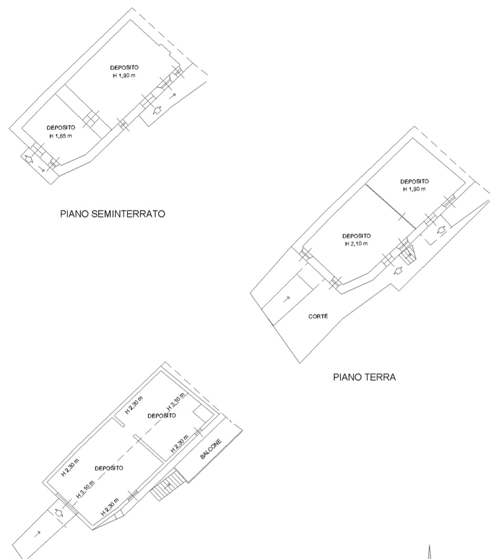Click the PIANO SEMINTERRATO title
(x=113, y=214)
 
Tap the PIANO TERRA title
(x=364, y=377)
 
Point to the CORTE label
(x=318, y=316)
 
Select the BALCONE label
(x=211, y=449)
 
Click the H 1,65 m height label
(x=60, y=136)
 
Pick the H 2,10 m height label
(x=356, y=244)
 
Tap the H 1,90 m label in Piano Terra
(x=414, y=189)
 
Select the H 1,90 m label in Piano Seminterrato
(x=124, y=76)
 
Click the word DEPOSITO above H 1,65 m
(x=61, y=128)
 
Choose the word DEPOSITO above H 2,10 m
(x=356, y=236)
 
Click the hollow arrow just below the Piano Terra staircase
(x=398, y=271)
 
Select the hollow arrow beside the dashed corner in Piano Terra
(x=442, y=230)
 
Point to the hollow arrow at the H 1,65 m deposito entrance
(x=28, y=159)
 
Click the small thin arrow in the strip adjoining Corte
(x=287, y=299)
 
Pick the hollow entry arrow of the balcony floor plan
(x=59, y=513)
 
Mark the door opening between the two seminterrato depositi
(x=91, y=119)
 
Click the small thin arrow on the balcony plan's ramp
(x=37, y=534)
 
